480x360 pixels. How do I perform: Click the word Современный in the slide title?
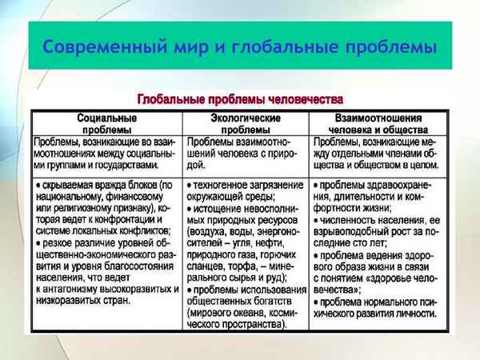coord(101,46)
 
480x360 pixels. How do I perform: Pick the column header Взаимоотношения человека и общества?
coord(378,124)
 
